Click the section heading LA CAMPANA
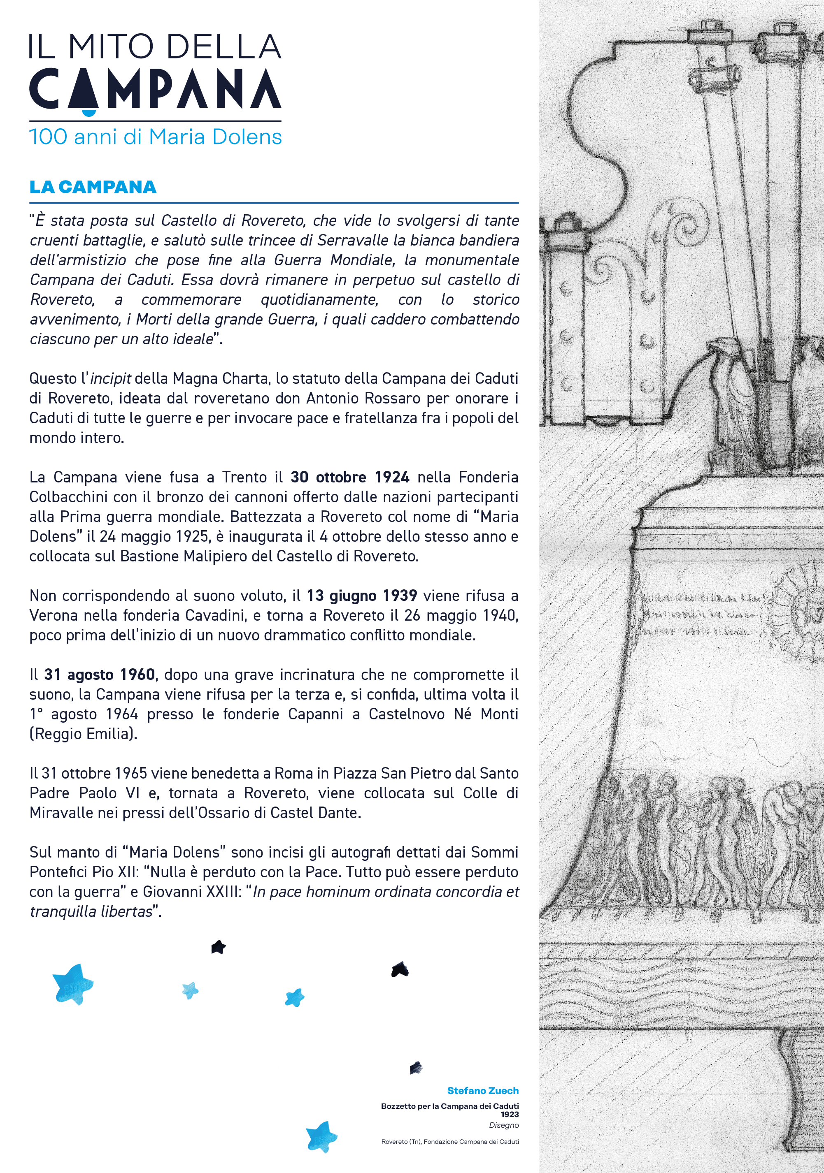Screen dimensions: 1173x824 click(93, 187)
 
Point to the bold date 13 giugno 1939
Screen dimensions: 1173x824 click(362, 596)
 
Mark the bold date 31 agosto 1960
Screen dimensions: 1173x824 click(100, 675)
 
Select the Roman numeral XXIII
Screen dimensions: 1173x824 click(224, 892)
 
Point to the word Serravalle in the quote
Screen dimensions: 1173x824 click(355, 240)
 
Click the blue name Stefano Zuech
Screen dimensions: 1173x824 click(482, 1091)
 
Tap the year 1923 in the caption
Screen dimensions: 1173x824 click(509, 1114)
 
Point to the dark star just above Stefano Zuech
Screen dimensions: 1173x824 click(417, 1067)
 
